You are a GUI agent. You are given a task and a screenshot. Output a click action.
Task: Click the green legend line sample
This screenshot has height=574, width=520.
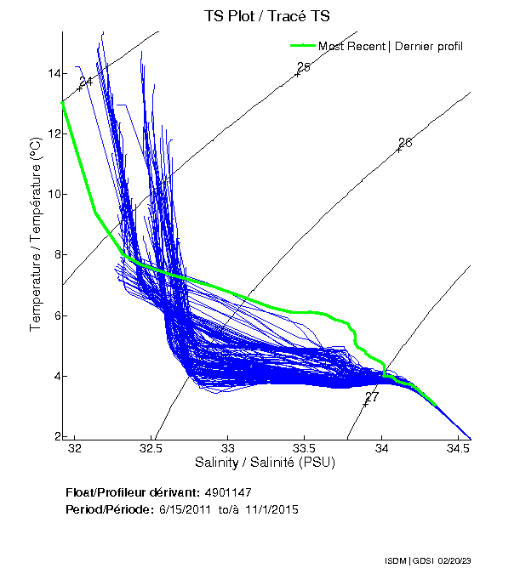(x=303, y=45)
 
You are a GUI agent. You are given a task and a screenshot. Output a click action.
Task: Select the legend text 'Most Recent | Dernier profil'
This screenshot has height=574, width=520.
(x=391, y=46)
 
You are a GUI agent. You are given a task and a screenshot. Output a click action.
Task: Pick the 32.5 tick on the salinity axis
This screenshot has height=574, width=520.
(x=151, y=448)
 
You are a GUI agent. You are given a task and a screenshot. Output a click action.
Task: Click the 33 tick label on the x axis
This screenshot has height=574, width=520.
(x=228, y=448)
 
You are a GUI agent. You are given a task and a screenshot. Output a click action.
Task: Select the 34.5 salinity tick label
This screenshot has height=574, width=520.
(x=458, y=448)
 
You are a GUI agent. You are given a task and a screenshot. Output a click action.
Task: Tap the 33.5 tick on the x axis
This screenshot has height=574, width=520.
(x=305, y=448)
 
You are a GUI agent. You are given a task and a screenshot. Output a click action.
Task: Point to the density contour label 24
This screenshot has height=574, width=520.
(x=85, y=81)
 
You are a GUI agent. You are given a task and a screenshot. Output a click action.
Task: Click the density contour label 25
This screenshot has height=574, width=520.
(x=304, y=67)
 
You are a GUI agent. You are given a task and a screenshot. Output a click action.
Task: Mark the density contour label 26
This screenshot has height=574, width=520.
(x=405, y=143)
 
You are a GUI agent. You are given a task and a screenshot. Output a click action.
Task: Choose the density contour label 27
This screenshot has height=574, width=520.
(x=372, y=397)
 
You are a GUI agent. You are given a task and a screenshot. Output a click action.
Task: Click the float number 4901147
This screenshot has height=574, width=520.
(x=228, y=492)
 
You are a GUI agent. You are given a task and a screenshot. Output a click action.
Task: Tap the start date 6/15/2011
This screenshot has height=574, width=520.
(x=183, y=509)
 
